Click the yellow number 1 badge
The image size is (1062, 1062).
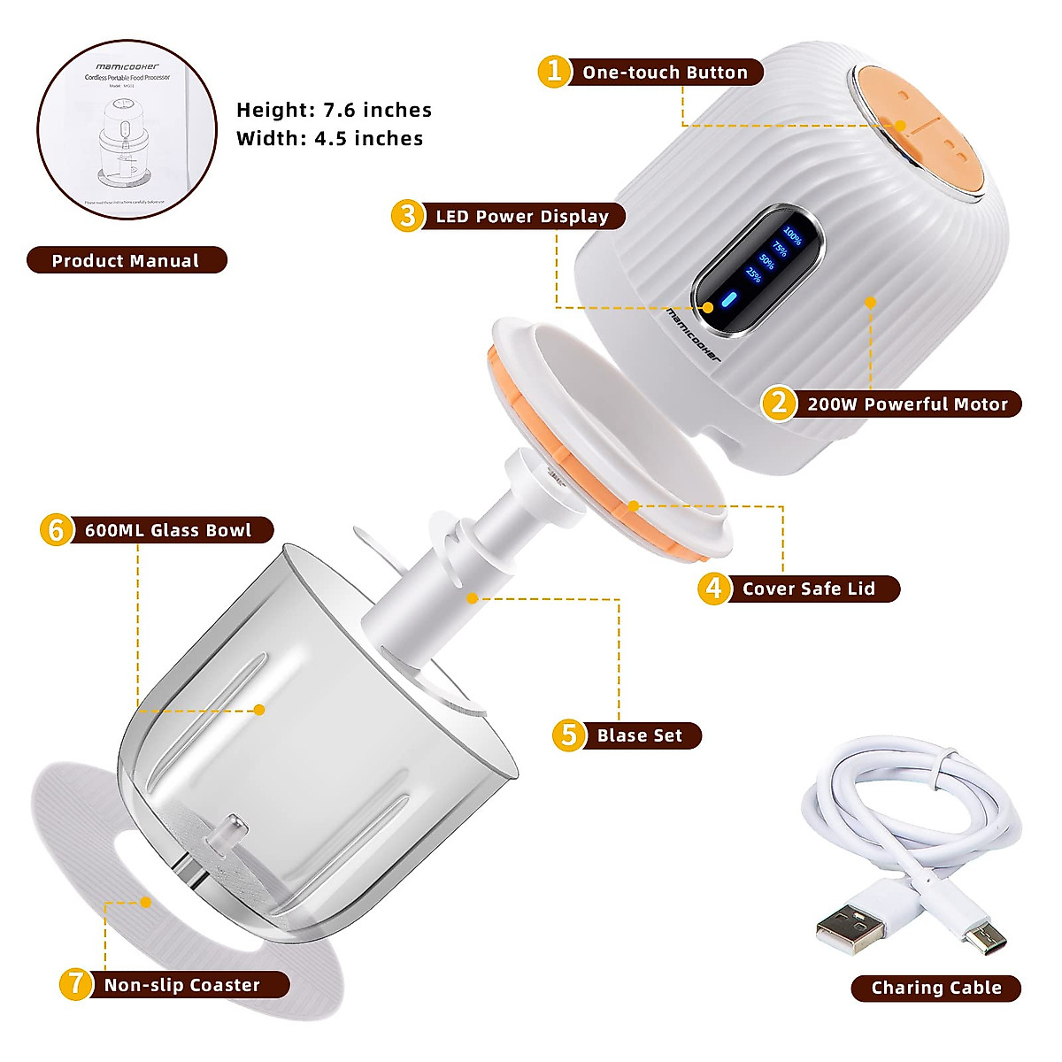point(554,71)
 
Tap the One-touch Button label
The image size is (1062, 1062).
point(665,73)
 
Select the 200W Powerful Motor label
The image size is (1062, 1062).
point(907,404)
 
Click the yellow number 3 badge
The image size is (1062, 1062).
point(407,216)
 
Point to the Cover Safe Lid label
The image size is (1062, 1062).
point(808,589)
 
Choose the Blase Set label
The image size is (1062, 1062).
point(640,735)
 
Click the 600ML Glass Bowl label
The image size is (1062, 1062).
point(168,530)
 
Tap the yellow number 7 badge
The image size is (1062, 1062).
point(76,984)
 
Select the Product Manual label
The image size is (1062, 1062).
point(126,260)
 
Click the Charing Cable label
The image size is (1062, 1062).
point(936,988)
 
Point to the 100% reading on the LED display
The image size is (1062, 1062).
point(792,236)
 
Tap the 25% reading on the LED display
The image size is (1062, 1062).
point(753,274)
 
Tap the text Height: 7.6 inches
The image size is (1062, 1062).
point(334,111)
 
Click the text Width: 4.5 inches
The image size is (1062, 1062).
point(329,139)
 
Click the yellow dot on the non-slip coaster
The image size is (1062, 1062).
point(146,902)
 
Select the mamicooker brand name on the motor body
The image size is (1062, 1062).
point(694,335)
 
